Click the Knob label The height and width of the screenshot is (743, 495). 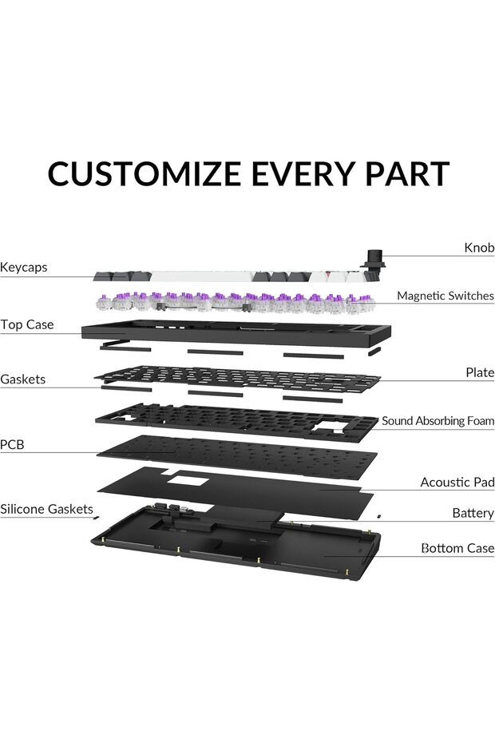479,248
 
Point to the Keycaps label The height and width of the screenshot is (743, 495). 24,268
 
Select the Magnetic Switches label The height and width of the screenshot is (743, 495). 445,296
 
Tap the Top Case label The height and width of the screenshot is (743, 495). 27,325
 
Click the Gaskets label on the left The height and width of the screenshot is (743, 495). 23,379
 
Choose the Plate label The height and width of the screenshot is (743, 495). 480,373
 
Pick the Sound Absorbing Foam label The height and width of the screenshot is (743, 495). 438,421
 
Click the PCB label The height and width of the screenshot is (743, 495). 12,444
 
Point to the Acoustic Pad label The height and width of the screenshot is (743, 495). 457,483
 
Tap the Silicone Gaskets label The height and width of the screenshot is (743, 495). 46,509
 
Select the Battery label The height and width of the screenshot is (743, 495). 473,513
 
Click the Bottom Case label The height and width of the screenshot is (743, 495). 457,549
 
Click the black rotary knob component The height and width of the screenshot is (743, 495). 372,259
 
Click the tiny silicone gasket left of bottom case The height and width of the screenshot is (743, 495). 96,517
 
